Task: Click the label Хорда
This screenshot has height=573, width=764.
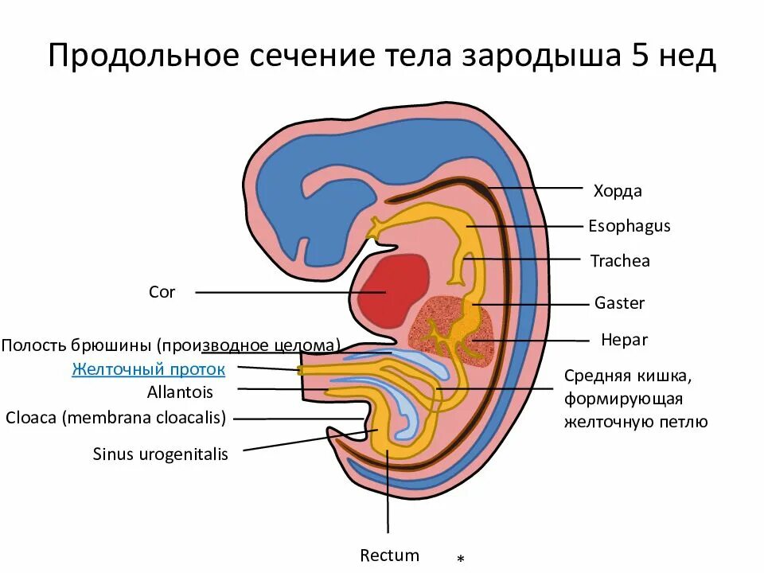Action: (618, 191)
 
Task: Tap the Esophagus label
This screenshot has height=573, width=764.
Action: (630, 226)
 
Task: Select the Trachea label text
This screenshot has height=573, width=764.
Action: (620, 261)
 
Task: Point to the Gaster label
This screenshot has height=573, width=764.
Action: (619, 303)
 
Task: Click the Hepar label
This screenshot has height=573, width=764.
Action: (624, 340)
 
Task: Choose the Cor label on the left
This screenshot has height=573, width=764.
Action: (162, 292)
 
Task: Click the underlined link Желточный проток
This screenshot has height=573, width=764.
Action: (148, 369)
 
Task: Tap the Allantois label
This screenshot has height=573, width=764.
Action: (180, 392)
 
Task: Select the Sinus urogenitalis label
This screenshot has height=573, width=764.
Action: (160, 454)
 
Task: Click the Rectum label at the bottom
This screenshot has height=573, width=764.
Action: (389, 555)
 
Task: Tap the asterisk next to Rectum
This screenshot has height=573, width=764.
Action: (461, 560)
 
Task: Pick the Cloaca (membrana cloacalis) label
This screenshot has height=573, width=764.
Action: (115, 417)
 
